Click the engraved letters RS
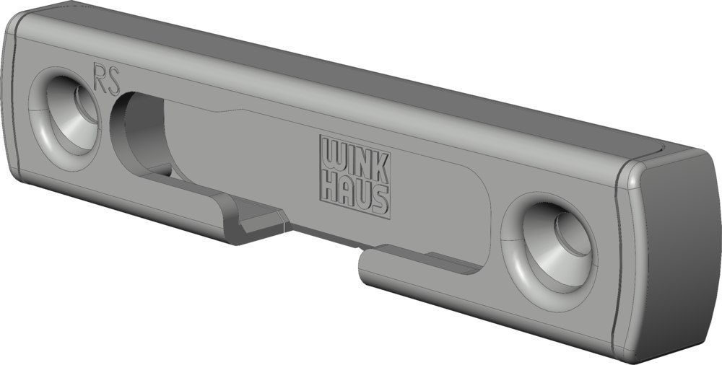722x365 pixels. [106, 79]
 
